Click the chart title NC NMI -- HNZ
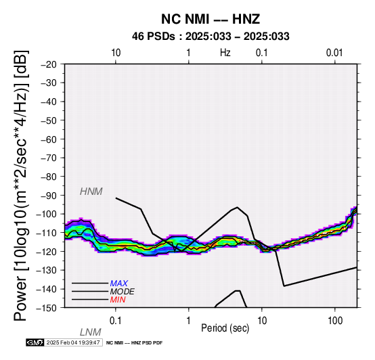[x=211, y=19]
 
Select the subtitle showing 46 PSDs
[x=211, y=37]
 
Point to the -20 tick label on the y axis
[x=49, y=64]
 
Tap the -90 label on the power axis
[x=49, y=196]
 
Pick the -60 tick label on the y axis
[x=49, y=139]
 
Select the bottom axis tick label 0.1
[x=115, y=321]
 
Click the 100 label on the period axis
[x=335, y=321]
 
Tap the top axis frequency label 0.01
[x=334, y=53]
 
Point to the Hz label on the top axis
[x=225, y=53]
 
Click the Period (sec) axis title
[x=225, y=328]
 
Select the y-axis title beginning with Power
[x=21, y=185]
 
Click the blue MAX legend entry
[x=119, y=284]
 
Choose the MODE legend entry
[x=123, y=292]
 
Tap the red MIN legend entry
[x=118, y=300]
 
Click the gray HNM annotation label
[x=91, y=192]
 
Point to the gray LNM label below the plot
[x=91, y=332]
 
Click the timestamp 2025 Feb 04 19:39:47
[x=73, y=342]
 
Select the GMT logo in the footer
[x=35, y=342]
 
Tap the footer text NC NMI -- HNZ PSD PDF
[x=135, y=343]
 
